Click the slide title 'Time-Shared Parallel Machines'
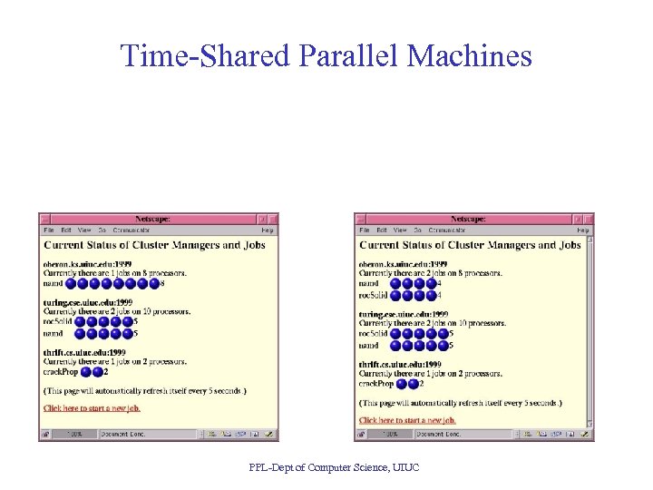pos(326,56)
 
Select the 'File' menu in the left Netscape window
pos(49,230)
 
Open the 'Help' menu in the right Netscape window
pos(583,230)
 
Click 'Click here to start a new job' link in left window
pos(92,408)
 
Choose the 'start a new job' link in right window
pos(407,420)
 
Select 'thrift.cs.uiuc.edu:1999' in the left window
pos(84,352)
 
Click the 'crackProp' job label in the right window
pos(375,384)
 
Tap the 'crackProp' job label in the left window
pos(60,371)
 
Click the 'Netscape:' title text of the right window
pos(469,219)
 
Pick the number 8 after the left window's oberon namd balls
pos(162,283)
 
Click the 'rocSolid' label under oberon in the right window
pos(373,295)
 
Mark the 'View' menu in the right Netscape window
pos(400,230)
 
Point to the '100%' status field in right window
pos(391,435)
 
